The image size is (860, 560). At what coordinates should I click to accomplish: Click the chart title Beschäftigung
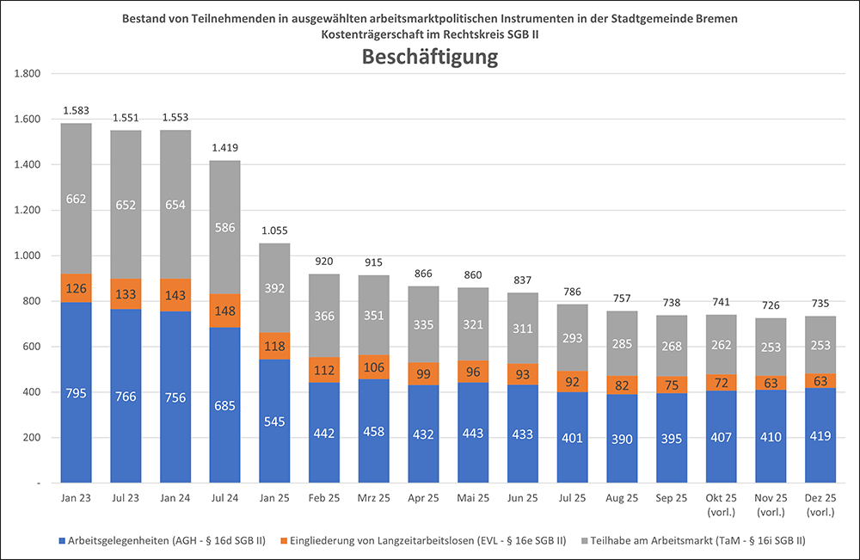[430, 58]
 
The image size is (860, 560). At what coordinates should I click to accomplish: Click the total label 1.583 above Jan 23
[77, 112]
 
